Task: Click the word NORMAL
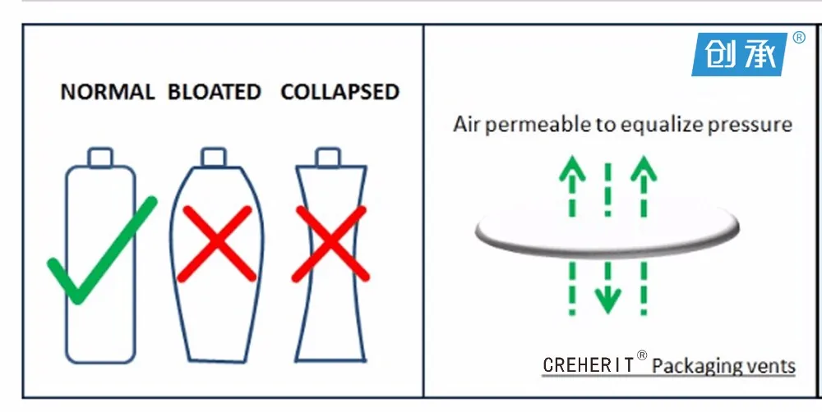point(108,91)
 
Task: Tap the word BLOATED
point(214,91)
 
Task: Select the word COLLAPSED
point(339,91)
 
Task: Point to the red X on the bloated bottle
point(219,244)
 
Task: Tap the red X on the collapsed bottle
point(330,244)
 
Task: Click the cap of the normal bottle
point(100,156)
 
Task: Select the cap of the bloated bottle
point(214,156)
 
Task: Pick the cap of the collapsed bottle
point(329,156)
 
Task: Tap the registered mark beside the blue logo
point(798,37)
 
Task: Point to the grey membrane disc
point(606,233)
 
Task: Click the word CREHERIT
point(589,364)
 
